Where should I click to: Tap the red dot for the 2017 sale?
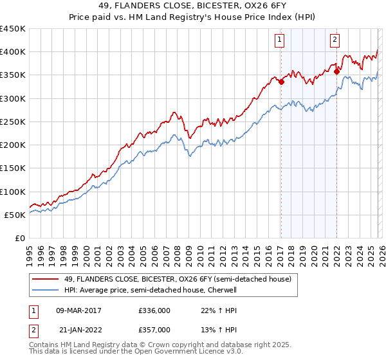click(281, 81)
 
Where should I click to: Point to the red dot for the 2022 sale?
click(336, 71)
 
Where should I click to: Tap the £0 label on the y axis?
click(19, 239)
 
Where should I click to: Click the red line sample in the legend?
click(46, 279)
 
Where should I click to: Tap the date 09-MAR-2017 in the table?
click(78, 310)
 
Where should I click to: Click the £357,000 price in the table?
click(154, 330)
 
